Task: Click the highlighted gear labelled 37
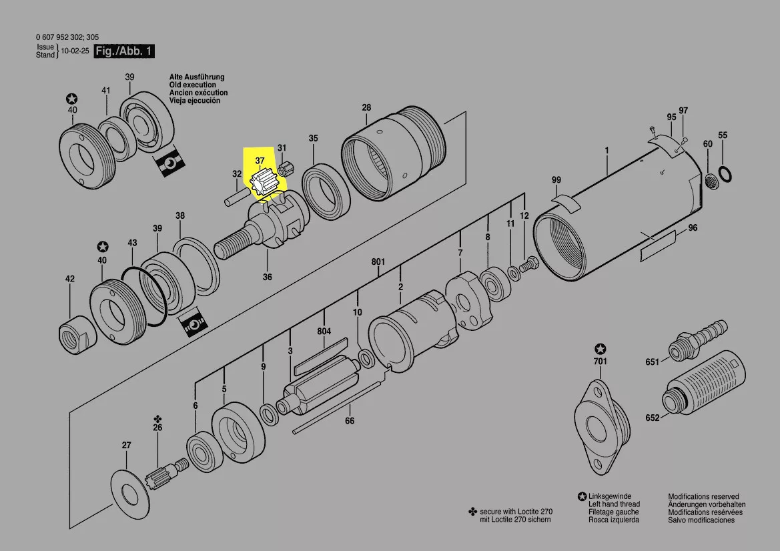click(x=262, y=185)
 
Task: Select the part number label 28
click(x=366, y=107)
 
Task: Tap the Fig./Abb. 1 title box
click(x=124, y=51)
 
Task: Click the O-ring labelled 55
click(x=725, y=174)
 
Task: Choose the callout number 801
click(x=378, y=261)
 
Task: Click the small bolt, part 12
click(x=529, y=263)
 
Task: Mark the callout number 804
click(x=324, y=331)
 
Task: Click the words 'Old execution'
click(x=193, y=85)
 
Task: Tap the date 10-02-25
click(x=75, y=51)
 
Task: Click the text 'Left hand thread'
click(x=614, y=504)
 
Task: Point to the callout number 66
click(x=350, y=421)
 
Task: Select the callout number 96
click(x=693, y=227)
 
